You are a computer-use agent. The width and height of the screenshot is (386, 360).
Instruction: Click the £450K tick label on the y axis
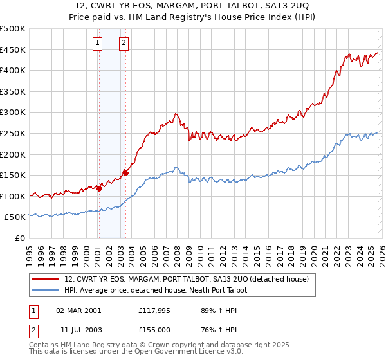click(x=13, y=50)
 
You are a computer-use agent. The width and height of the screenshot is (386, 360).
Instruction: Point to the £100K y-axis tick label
click(x=13, y=196)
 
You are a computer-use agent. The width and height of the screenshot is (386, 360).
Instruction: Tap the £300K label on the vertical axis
click(x=13, y=113)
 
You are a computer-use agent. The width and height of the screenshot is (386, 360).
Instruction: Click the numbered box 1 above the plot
click(x=97, y=44)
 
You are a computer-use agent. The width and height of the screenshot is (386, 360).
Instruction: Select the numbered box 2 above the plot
click(x=124, y=44)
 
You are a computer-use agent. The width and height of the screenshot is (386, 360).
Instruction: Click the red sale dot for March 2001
click(x=99, y=188)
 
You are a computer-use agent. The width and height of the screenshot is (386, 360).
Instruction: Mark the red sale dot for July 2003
click(x=125, y=172)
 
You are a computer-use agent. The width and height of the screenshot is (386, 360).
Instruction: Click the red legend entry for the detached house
click(x=187, y=279)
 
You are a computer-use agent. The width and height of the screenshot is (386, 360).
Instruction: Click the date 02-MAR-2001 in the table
click(x=78, y=310)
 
